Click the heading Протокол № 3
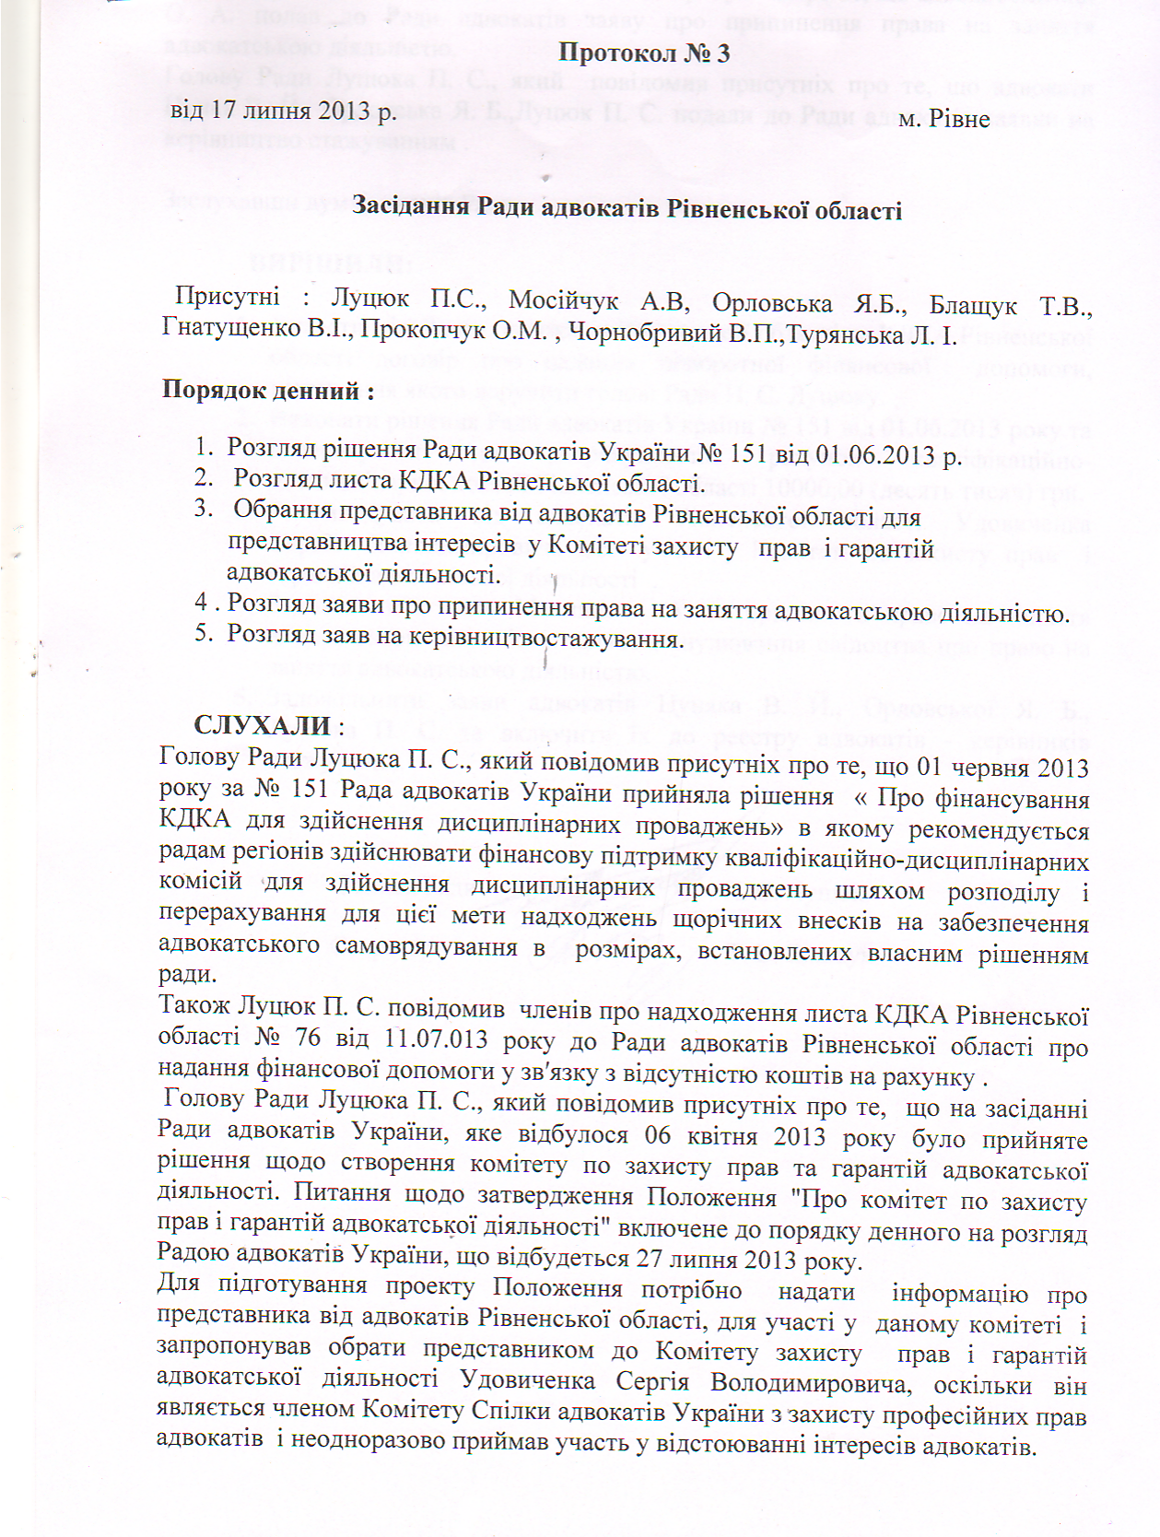(x=644, y=53)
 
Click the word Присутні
(x=228, y=297)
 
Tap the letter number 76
(x=308, y=1038)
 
